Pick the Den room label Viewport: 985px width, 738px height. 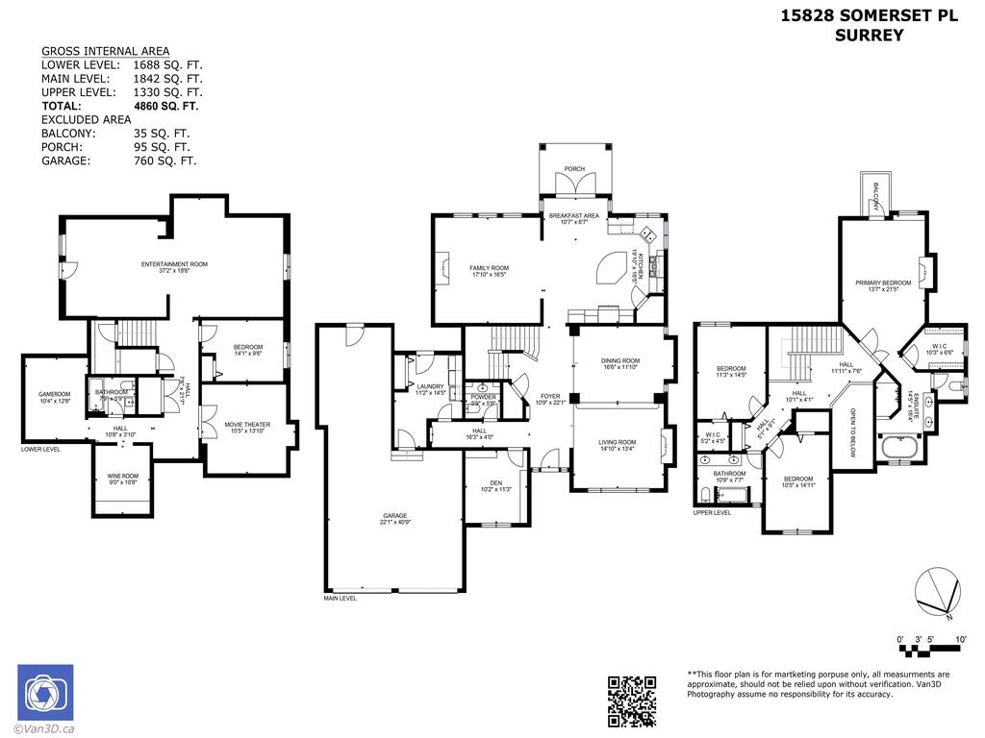click(x=496, y=482)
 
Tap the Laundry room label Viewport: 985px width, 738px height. click(x=430, y=386)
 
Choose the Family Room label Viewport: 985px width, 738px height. click(x=489, y=268)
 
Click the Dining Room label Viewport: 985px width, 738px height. click(x=620, y=361)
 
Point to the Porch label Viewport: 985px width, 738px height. click(x=574, y=169)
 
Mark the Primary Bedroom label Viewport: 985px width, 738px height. click(x=882, y=283)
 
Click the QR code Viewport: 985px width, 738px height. click(x=632, y=701)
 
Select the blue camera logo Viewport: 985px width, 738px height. click(x=44, y=692)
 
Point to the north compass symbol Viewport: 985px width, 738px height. click(x=936, y=593)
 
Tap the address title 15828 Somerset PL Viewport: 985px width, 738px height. click(x=869, y=15)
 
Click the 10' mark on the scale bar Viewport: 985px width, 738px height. click(x=960, y=639)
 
